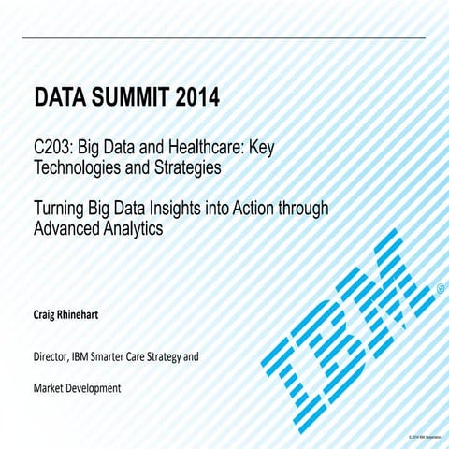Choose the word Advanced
[x=68, y=229]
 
